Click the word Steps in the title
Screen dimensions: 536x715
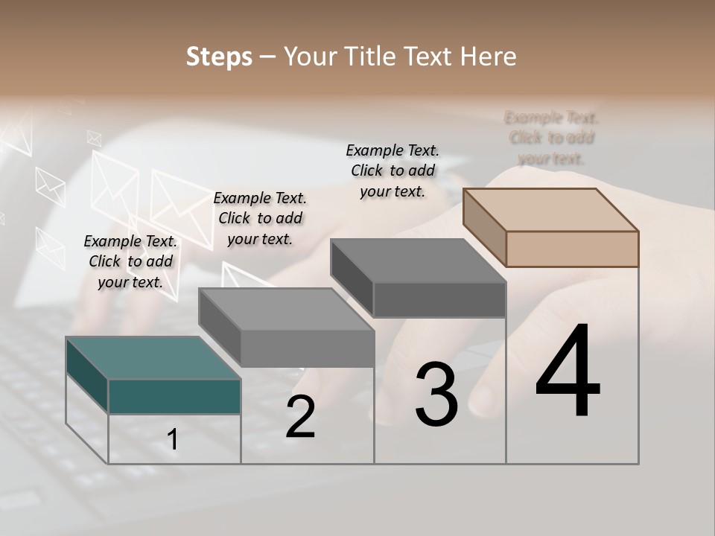(219, 57)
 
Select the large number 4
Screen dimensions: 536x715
(568, 372)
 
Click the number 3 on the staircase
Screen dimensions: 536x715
(436, 395)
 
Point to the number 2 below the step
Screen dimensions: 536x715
(300, 417)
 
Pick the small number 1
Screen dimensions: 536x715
(173, 439)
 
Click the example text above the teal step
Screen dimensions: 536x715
(130, 261)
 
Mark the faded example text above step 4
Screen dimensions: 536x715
(551, 138)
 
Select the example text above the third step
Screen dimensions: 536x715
(393, 170)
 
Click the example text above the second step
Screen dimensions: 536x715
(260, 218)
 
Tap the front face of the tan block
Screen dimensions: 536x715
(572, 249)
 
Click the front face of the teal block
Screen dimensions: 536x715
(174, 396)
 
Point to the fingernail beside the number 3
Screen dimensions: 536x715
(488, 398)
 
